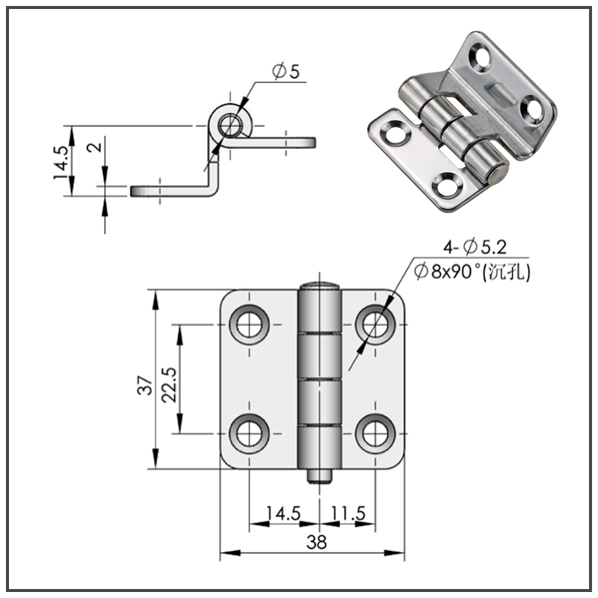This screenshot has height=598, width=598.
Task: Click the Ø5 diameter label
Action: pyautogui.click(x=286, y=72)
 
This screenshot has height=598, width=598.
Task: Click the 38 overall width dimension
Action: pyautogui.click(x=316, y=543)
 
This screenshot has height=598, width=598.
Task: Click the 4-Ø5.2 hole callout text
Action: pyautogui.click(x=475, y=246)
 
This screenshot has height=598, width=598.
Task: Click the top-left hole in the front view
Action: pyautogui.click(x=250, y=324)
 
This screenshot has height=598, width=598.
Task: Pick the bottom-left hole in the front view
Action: pyautogui.click(x=250, y=432)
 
